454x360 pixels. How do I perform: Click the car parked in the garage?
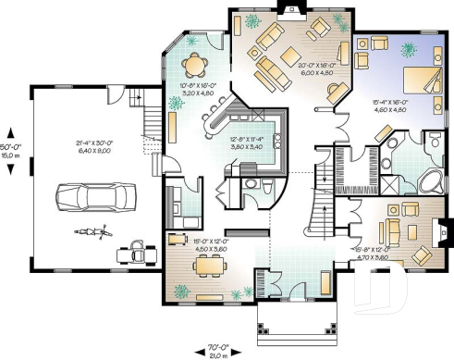tap(92, 196)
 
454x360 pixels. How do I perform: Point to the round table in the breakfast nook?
tap(195, 65)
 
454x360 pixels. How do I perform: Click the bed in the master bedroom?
tap(417, 84)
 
